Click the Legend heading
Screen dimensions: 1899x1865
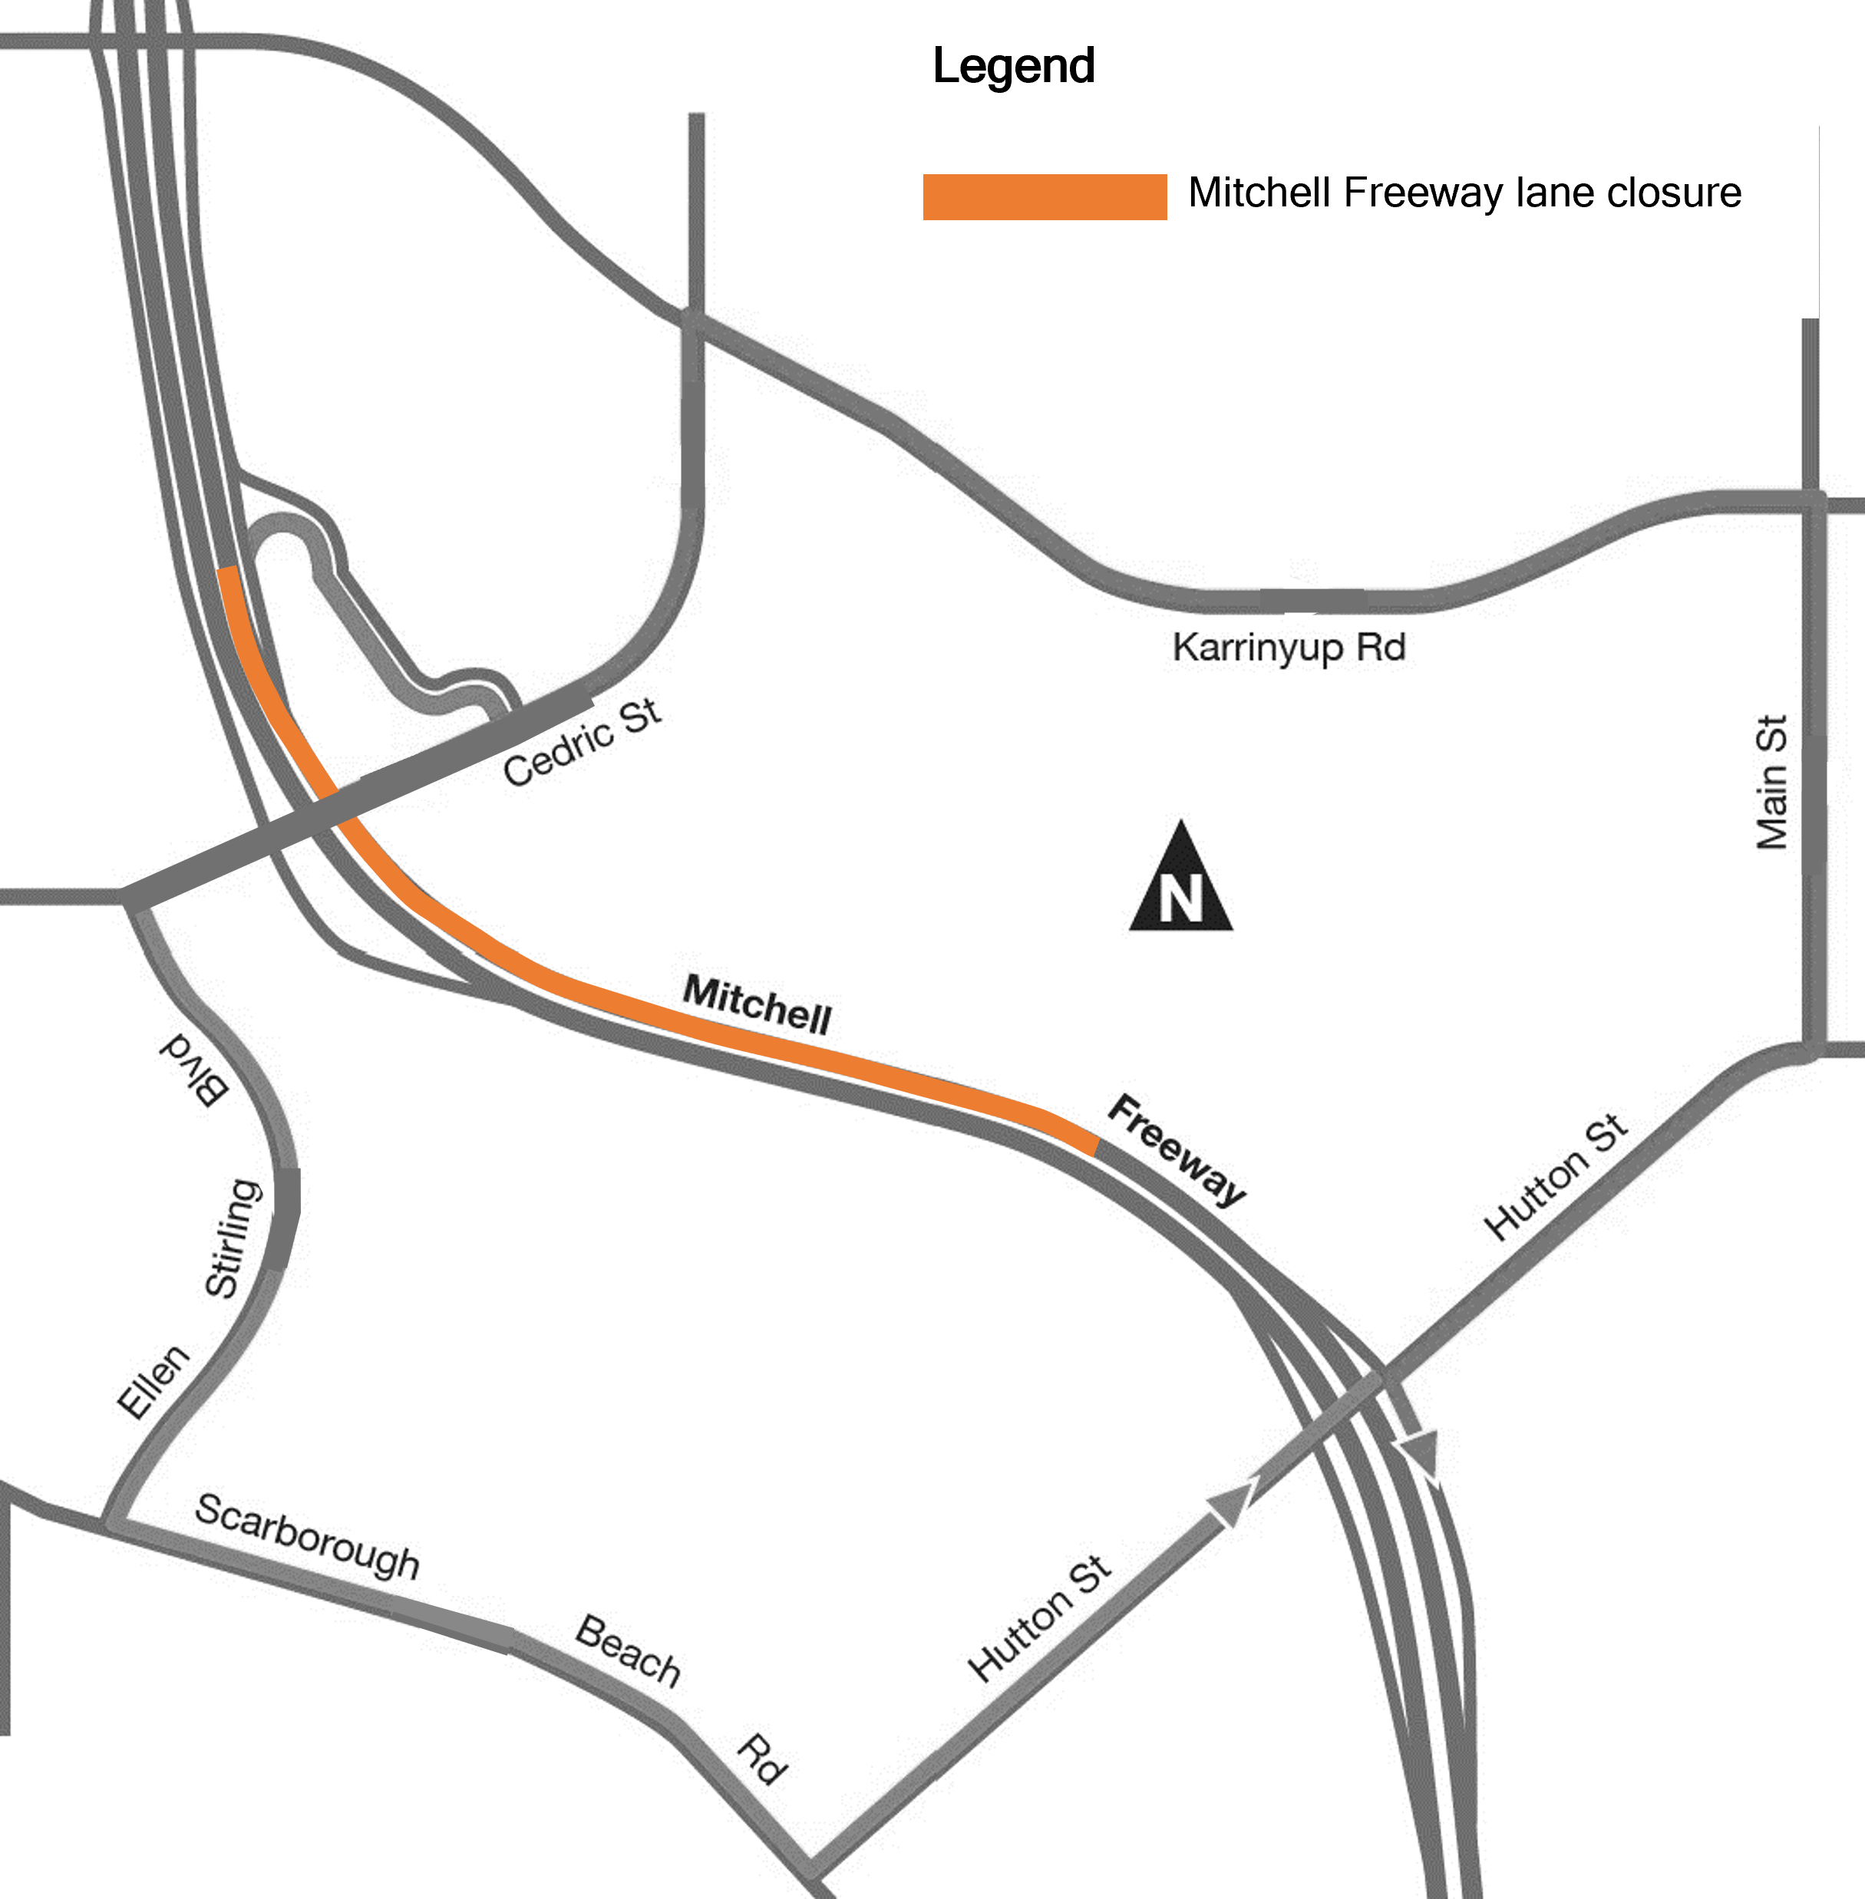pyautogui.click(x=1013, y=67)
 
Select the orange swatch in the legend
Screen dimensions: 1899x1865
pyautogui.click(x=1044, y=197)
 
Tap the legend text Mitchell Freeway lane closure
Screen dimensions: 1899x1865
pyautogui.click(x=1464, y=193)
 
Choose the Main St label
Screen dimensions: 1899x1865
pyautogui.click(x=1771, y=783)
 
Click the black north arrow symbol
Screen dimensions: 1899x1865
pyautogui.click(x=1180, y=881)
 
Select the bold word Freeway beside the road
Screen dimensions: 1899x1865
pyautogui.click(x=1177, y=1150)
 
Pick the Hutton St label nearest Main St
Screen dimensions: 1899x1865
pyautogui.click(x=1556, y=1177)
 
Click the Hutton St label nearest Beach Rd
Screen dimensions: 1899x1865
pyautogui.click(x=1039, y=1619)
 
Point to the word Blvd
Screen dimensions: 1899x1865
pyautogui.click(x=195, y=1069)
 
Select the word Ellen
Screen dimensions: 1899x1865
pyautogui.click(x=153, y=1381)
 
